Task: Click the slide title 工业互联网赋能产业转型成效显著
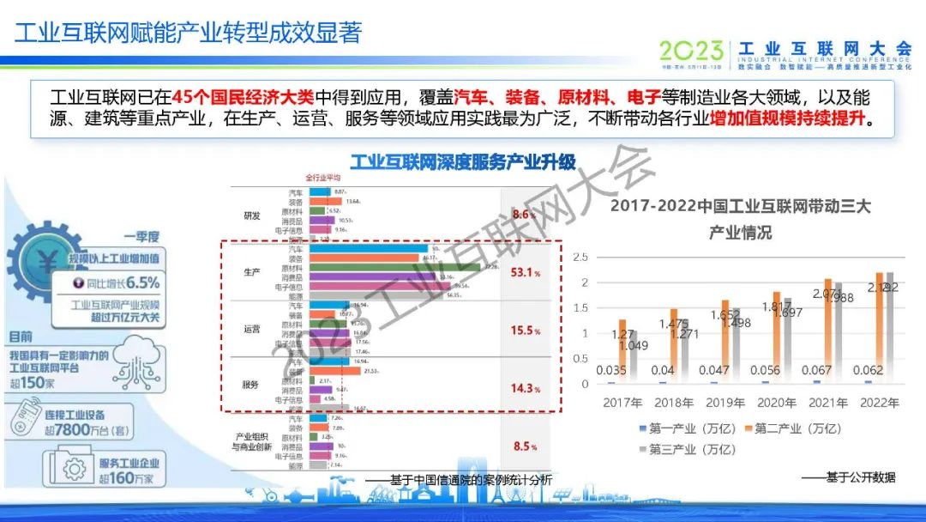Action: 189,33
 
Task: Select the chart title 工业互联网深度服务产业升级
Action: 462,161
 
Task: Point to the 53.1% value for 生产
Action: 525,273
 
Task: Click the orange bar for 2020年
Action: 777,337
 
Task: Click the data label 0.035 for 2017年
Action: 610,371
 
